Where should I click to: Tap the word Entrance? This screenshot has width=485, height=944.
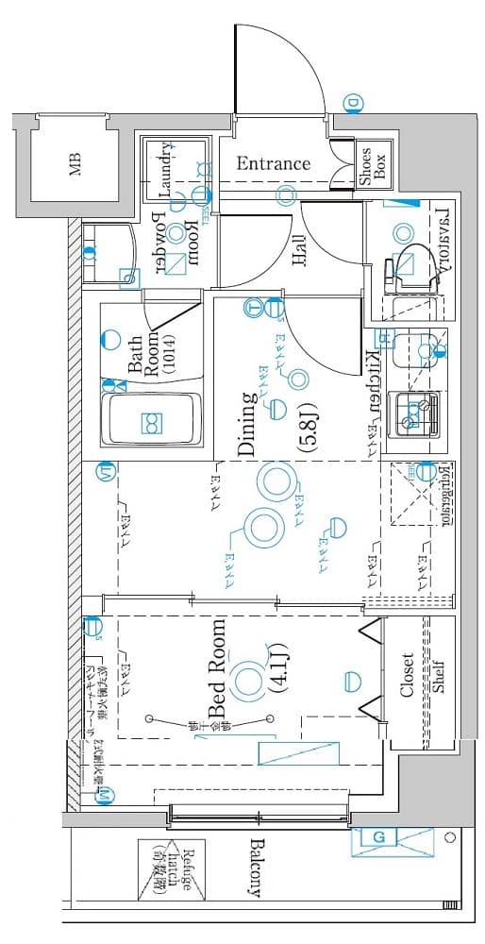[x=273, y=163]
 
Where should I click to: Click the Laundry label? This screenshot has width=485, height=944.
[x=167, y=171]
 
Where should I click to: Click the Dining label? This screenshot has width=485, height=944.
[x=246, y=425]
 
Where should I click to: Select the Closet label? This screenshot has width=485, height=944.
[x=407, y=675]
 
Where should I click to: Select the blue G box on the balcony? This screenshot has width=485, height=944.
[x=378, y=837]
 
